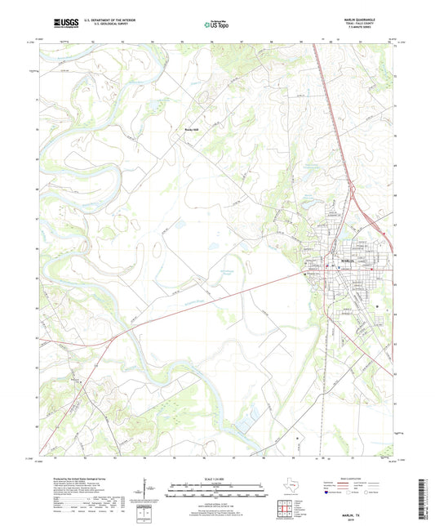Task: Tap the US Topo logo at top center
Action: point(216,25)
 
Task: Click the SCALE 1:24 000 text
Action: point(216,478)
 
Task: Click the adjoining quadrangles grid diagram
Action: point(284,506)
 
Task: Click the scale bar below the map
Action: point(216,493)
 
